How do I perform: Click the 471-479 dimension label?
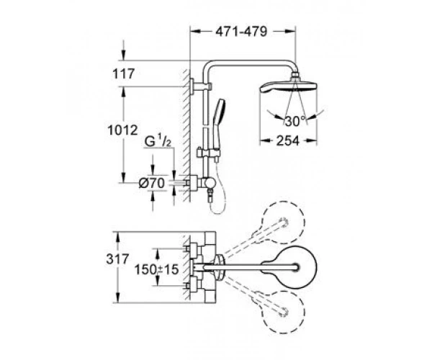click(241, 32)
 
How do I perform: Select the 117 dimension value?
click(124, 74)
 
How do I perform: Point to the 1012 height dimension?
click(122, 130)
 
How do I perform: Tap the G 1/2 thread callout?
click(158, 142)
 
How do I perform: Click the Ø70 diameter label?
click(151, 183)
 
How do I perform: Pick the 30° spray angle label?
click(294, 121)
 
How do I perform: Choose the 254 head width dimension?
click(287, 141)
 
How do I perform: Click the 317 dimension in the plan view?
click(117, 259)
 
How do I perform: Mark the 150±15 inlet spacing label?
click(156, 270)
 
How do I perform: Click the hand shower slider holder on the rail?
click(208, 153)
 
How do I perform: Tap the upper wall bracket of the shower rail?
click(201, 86)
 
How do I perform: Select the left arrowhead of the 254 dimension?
click(264, 141)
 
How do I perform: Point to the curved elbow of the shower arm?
click(207, 65)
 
